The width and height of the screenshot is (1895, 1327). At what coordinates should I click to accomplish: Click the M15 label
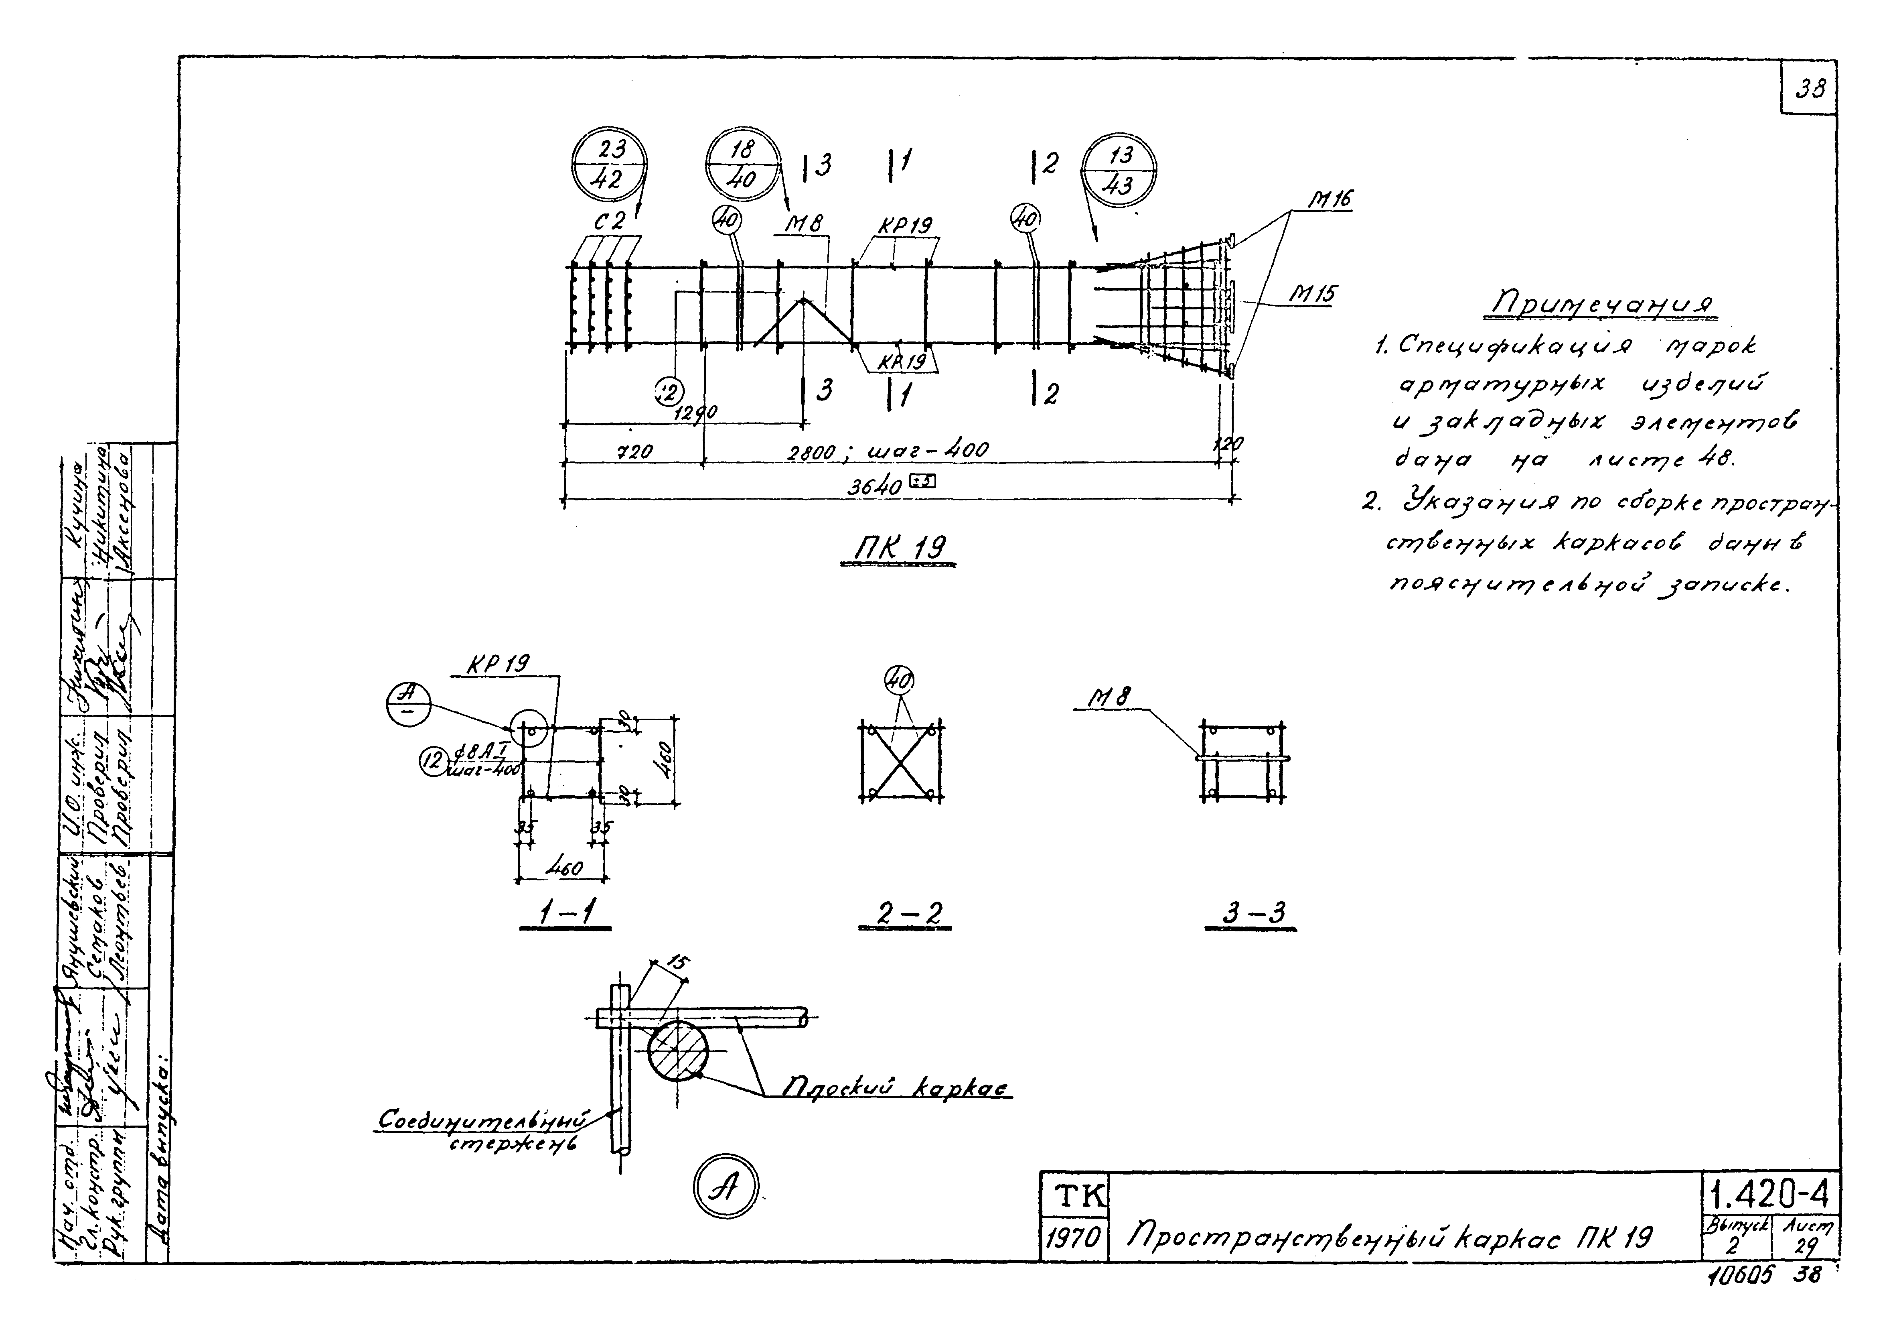point(1314,295)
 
